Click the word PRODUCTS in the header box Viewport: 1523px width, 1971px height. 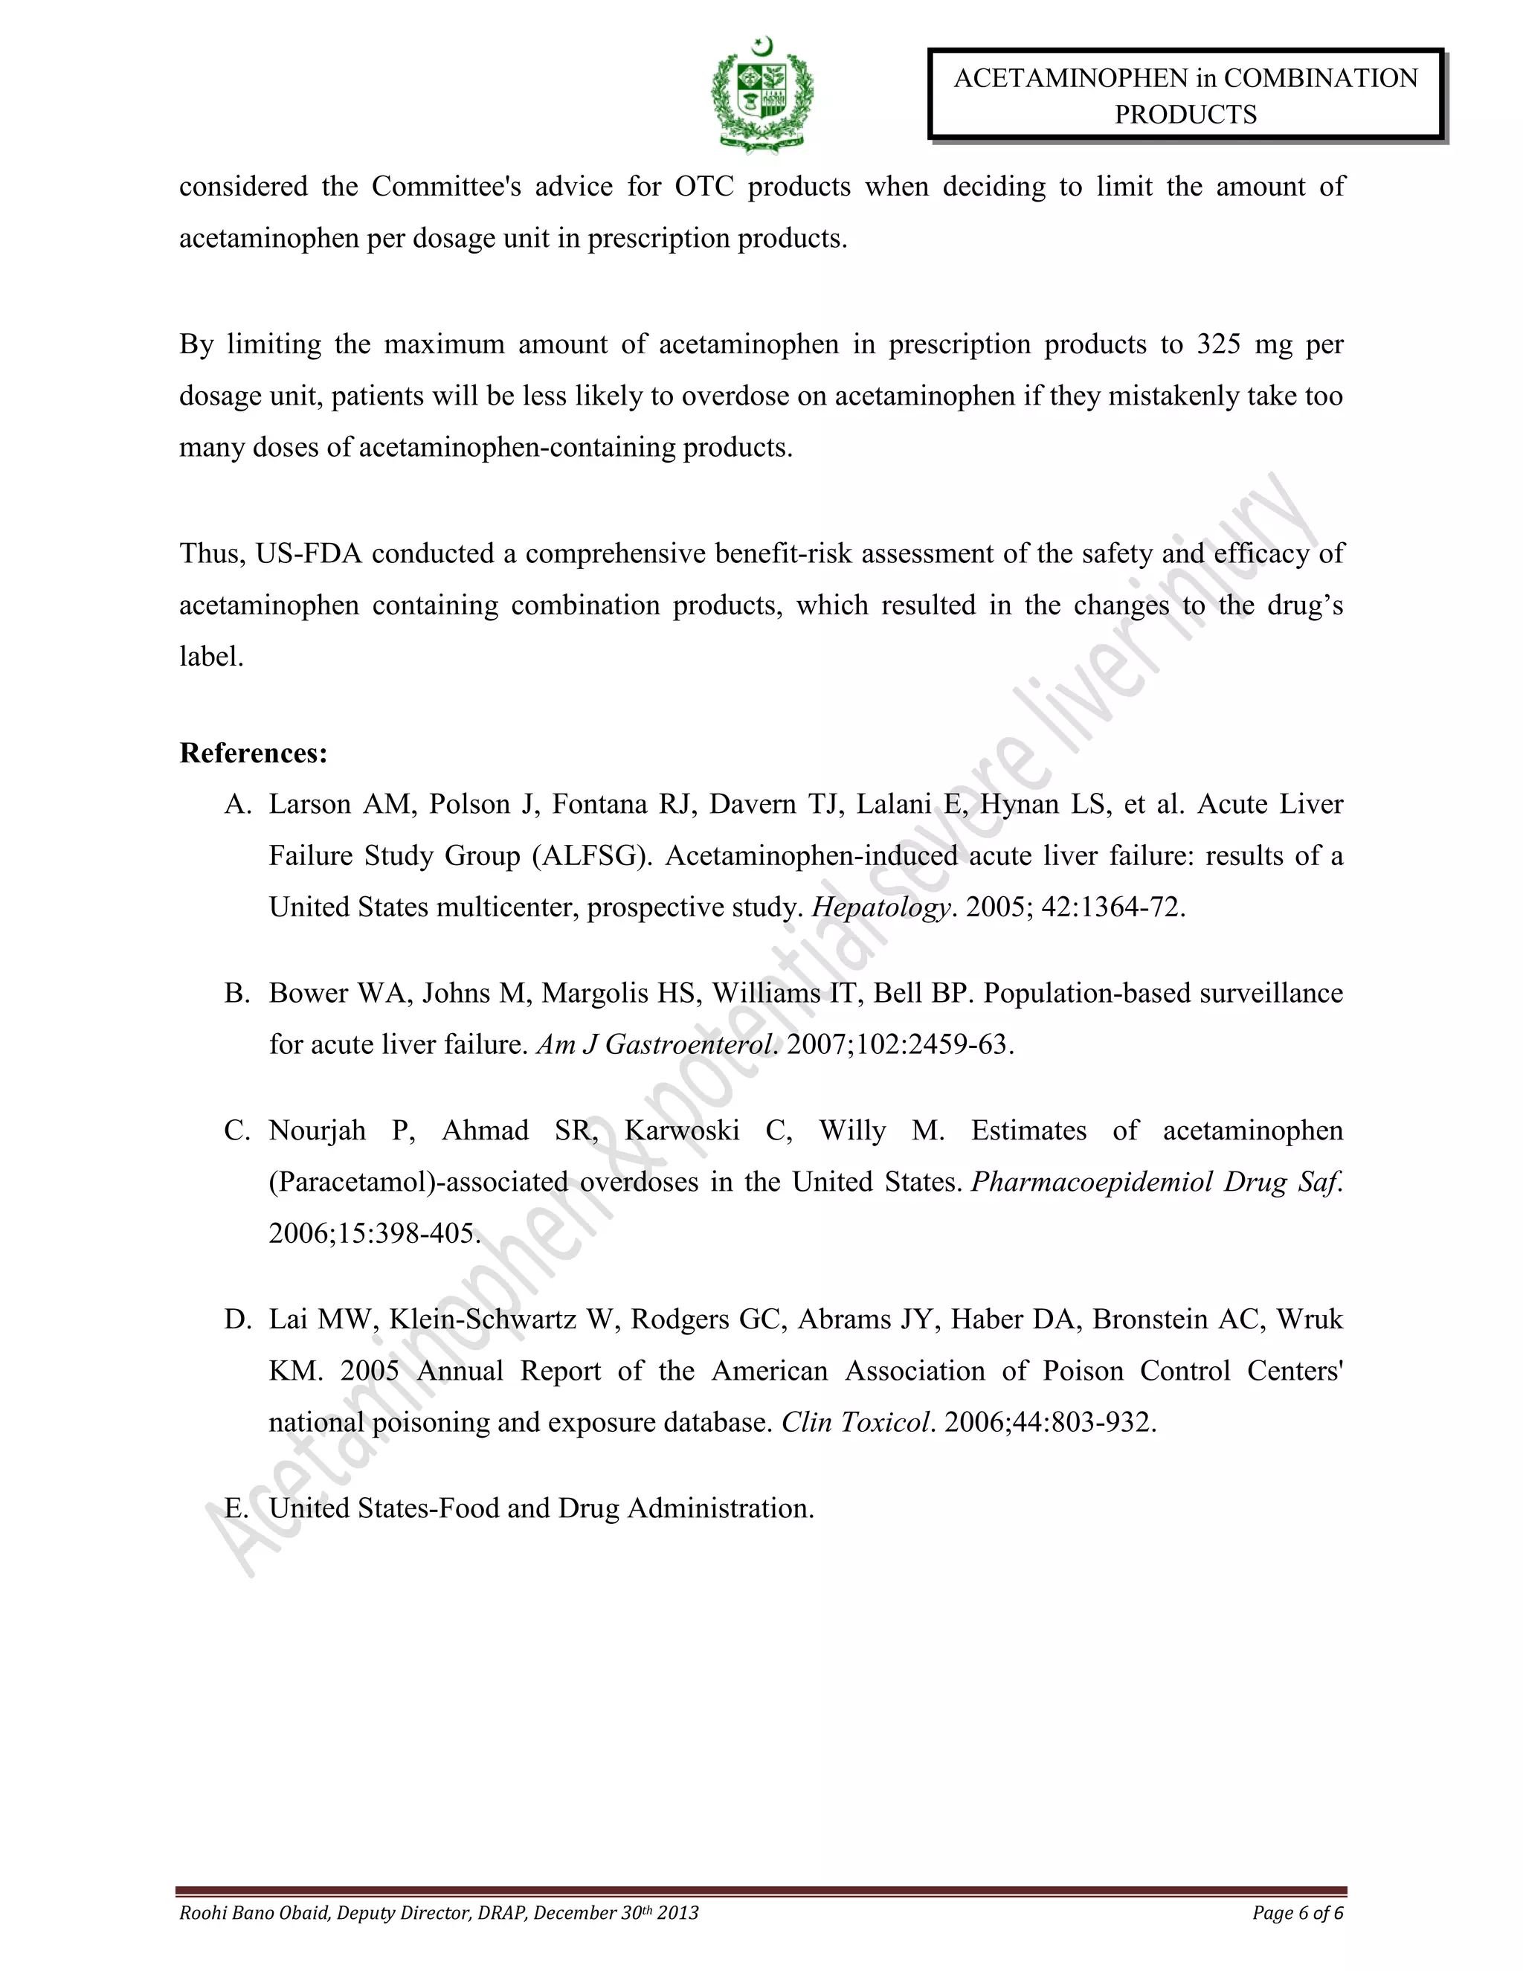click(x=1185, y=115)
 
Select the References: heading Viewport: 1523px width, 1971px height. click(x=254, y=753)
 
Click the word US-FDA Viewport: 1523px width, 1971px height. click(x=309, y=553)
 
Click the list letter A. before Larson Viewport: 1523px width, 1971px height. click(x=237, y=804)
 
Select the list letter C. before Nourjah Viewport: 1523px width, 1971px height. click(x=237, y=1131)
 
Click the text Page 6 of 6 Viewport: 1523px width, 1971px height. click(x=1298, y=1912)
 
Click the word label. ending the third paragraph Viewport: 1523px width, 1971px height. click(x=211, y=657)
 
